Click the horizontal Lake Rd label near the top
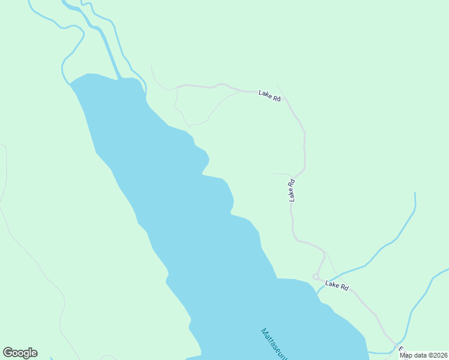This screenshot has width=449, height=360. coord(270,95)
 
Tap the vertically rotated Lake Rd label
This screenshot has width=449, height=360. coord(292,190)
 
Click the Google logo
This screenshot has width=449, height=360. coord(20,353)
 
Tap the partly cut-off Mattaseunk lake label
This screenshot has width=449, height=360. coord(274,344)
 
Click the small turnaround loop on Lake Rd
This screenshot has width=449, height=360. coord(316,277)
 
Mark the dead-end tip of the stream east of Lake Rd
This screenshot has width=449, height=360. coord(415,194)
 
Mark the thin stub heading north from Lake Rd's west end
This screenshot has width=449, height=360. coord(155,75)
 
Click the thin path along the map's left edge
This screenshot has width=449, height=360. coord(5,174)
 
